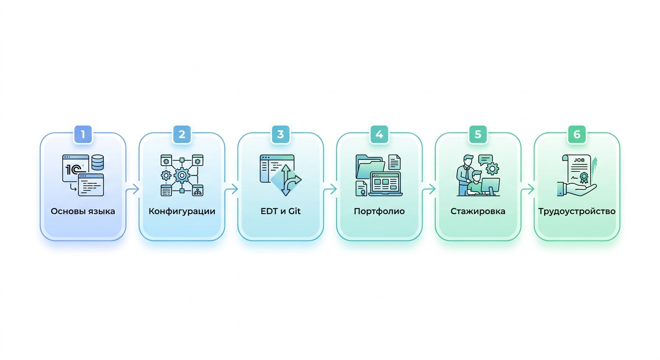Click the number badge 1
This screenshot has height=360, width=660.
(x=83, y=135)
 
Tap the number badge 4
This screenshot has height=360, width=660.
(x=379, y=135)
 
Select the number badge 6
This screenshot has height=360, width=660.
(x=577, y=135)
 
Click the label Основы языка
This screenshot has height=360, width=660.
(x=83, y=211)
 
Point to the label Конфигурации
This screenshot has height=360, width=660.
(x=182, y=211)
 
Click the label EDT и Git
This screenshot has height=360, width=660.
(x=280, y=211)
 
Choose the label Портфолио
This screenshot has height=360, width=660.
(x=379, y=211)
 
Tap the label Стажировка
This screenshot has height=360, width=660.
(x=478, y=211)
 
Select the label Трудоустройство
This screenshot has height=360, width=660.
(x=577, y=211)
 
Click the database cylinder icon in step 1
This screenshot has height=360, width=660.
(x=97, y=162)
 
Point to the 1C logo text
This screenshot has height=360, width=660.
(x=73, y=170)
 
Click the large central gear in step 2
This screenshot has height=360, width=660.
(x=182, y=176)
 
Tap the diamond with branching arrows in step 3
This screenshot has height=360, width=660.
(x=286, y=180)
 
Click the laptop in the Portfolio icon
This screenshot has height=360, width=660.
(x=385, y=184)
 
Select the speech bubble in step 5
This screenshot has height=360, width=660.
(x=485, y=160)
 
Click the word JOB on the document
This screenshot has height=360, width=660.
(x=579, y=160)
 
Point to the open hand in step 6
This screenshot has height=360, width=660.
(x=577, y=189)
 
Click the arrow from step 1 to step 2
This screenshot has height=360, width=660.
(x=132, y=189)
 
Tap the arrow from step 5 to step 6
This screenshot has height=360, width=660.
(x=527, y=189)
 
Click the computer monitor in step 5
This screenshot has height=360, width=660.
(x=490, y=186)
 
